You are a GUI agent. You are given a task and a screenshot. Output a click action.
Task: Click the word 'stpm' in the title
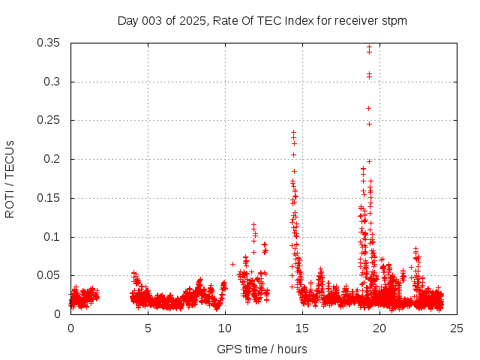point(394,20)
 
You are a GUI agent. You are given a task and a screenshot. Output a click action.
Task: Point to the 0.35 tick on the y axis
point(52,43)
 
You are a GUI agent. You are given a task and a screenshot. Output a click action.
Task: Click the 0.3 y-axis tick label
point(55,82)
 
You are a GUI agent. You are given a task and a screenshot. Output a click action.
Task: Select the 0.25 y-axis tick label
point(52,121)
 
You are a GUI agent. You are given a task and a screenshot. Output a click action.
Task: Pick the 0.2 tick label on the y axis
point(55,159)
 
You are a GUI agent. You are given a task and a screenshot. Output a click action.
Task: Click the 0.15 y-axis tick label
point(52,198)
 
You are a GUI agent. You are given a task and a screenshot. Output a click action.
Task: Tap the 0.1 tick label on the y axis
point(55,237)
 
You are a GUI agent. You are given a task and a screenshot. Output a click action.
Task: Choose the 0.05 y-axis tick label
point(52,275)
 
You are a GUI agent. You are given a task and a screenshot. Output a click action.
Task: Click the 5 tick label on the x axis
point(148,328)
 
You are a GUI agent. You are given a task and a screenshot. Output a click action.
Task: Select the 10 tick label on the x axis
point(225,328)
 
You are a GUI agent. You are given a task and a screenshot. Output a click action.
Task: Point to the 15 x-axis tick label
point(302,328)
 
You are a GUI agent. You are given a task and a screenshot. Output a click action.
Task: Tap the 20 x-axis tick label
point(379,328)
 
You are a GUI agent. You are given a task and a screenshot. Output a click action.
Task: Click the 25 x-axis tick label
point(457,328)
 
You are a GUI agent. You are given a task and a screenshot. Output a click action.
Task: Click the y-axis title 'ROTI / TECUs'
point(10,178)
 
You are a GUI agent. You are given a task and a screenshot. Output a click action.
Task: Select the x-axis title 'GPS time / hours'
point(262,349)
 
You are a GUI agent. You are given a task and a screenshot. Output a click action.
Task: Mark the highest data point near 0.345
point(369,47)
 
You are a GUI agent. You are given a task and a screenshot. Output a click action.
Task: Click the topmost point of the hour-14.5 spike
point(293,133)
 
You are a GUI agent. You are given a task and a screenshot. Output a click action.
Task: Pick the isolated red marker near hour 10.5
point(232,264)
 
